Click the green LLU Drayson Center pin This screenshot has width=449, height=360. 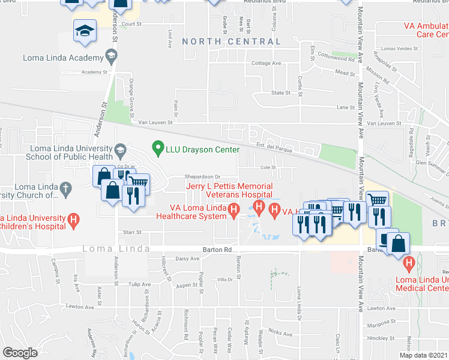coord(158,146)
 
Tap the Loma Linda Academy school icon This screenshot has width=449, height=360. coord(111,57)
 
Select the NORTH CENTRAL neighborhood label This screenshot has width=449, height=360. coord(231,41)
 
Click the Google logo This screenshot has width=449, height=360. coord(20,353)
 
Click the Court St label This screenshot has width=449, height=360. coord(131,25)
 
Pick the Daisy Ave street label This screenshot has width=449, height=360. coord(187,259)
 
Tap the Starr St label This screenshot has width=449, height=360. coord(131,231)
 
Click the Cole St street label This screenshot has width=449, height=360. coord(267,167)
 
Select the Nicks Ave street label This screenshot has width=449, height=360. coord(280,331)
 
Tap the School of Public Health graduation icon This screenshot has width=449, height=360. coord(120,149)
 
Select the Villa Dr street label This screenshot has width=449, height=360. coord(224,280)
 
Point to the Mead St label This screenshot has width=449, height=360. coord(345,73)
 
